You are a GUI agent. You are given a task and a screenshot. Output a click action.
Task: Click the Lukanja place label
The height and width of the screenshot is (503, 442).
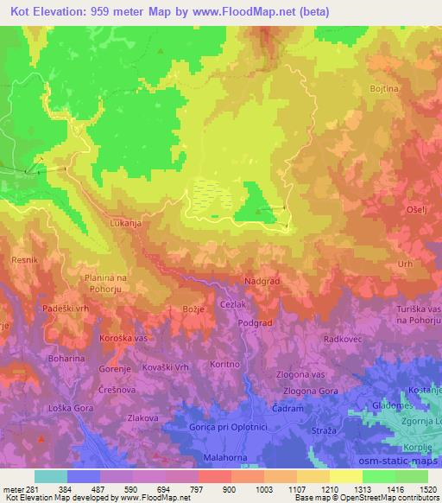125,222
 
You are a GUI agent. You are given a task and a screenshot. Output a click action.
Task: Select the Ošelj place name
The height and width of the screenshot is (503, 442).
417,210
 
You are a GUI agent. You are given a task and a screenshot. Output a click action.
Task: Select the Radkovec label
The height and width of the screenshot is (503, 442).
341,339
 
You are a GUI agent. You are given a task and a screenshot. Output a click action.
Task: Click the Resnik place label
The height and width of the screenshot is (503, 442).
22,259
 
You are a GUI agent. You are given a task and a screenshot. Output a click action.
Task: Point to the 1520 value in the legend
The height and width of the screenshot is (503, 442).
422,490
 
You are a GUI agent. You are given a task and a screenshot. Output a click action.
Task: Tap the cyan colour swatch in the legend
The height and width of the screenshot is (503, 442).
50,476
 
